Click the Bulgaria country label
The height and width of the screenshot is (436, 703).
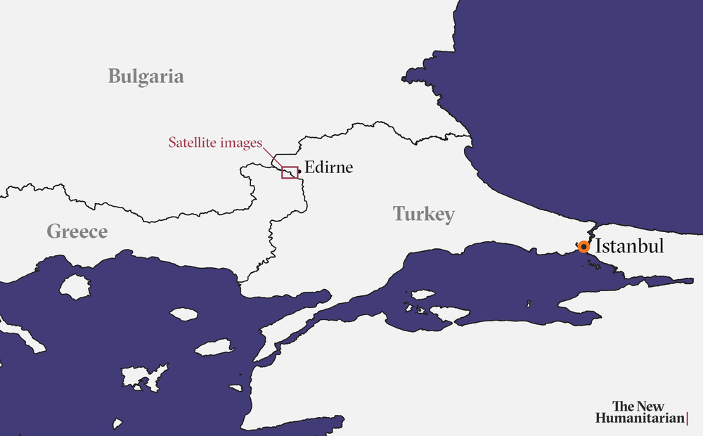(x=146, y=77)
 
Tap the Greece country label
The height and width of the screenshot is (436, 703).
(x=77, y=231)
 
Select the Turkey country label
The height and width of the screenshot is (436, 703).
(x=423, y=214)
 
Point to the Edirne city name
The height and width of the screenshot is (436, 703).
(x=328, y=168)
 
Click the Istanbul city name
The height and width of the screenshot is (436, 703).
(x=629, y=247)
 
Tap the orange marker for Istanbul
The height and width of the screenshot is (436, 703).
(x=583, y=247)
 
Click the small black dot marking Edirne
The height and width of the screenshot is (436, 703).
(x=300, y=171)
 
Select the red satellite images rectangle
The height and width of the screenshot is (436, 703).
(x=290, y=172)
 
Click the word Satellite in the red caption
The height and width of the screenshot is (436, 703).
(x=192, y=143)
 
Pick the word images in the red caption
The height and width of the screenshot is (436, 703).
(x=240, y=143)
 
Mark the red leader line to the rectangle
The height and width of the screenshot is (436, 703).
(x=273, y=156)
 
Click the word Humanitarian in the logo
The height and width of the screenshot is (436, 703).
(x=639, y=418)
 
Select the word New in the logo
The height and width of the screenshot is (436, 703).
(x=650, y=406)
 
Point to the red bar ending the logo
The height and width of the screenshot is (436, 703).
(x=687, y=418)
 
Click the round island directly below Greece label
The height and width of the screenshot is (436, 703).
(x=75, y=286)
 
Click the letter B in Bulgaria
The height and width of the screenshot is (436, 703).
(x=115, y=77)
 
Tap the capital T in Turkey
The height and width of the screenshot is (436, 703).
(x=399, y=214)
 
